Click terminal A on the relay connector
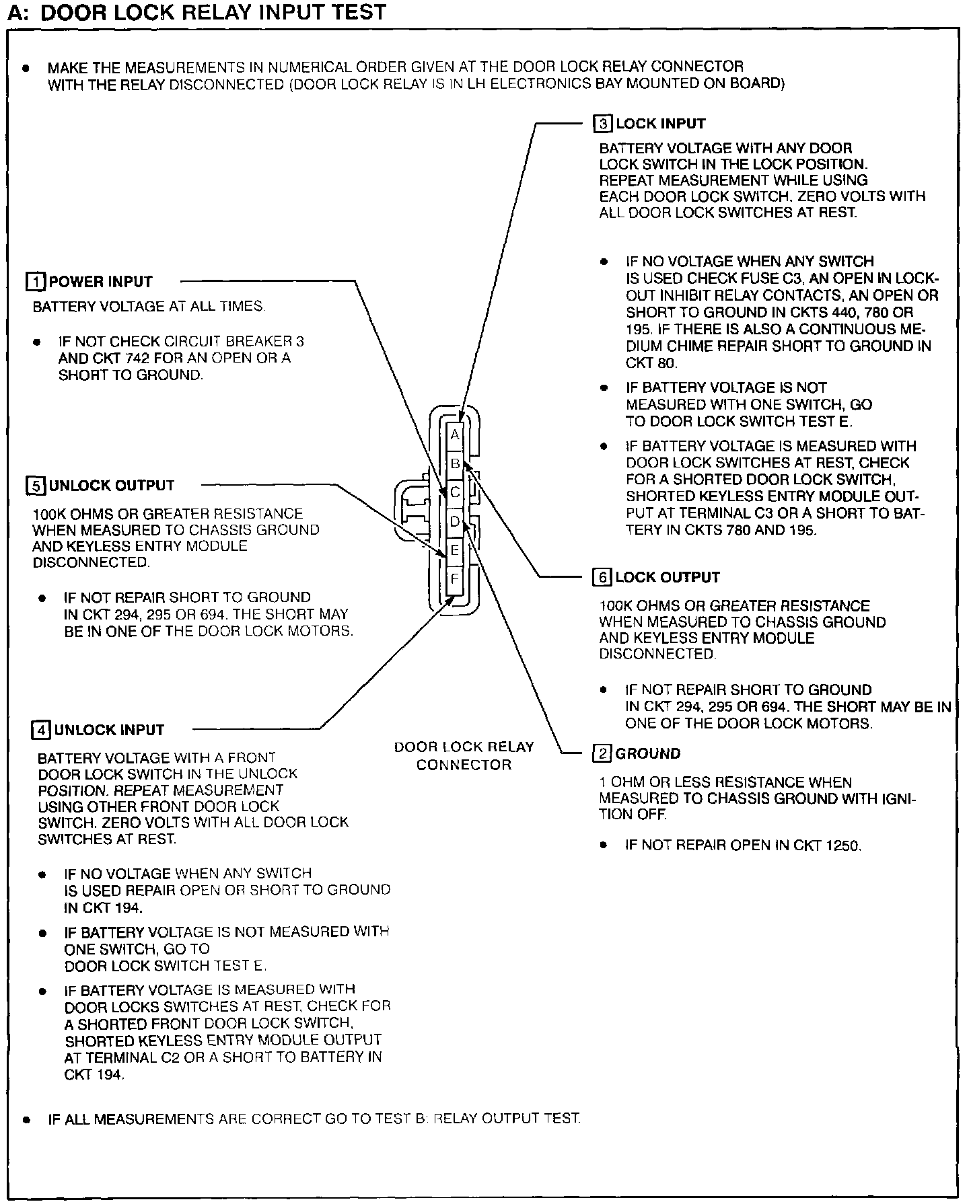(x=455, y=435)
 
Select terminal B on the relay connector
(x=455, y=463)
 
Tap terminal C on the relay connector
(x=455, y=492)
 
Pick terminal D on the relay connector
(x=455, y=521)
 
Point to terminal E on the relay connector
(x=455, y=550)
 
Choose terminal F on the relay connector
(x=455, y=578)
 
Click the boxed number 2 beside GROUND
(x=601, y=753)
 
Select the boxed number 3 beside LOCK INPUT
(x=602, y=124)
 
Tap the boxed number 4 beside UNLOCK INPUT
(x=41, y=730)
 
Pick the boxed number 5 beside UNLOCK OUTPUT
(x=35, y=486)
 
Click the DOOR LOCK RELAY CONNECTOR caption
(x=464, y=755)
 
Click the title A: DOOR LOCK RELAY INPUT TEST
(x=196, y=12)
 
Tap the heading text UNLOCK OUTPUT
(x=112, y=486)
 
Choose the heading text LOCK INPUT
(x=661, y=124)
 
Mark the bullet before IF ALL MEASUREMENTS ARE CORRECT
(x=26, y=1120)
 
